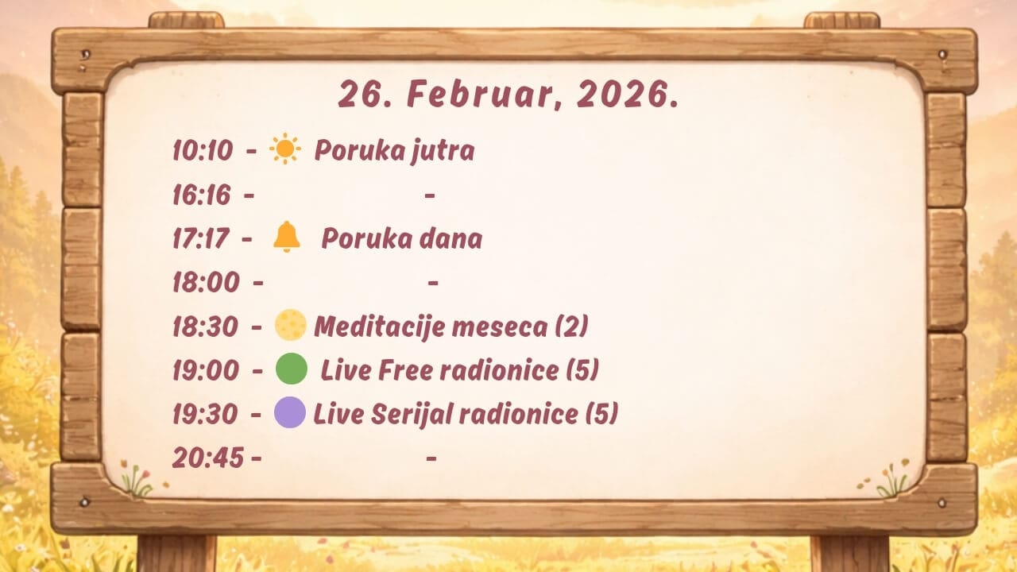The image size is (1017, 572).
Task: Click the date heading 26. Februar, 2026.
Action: pyautogui.click(x=508, y=95)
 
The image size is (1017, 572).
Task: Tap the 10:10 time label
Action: pyautogui.click(x=203, y=150)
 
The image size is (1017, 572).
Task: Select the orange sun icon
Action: pyautogui.click(x=284, y=149)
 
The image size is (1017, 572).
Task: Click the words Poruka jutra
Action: pyautogui.click(x=394, y=151)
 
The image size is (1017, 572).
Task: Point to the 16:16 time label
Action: pyautogui.click(x=202, y=195)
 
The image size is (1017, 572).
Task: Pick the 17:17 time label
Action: pyautogui.click(x=201, y=239)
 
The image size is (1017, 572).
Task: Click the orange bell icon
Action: pyautogui.click(x=287, y=237)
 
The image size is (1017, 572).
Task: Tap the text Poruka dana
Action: pyautogui.click(x=402, y=239)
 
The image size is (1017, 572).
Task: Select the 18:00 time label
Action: pyautogui.click(x=206, y=282)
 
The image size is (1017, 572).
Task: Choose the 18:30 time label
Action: pyautogui.click(x=205, y=327)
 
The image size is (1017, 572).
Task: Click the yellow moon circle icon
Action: pyautogui.click(x=291, y=325)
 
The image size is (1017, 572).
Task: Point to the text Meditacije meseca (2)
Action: pyautogui.click(x=450, y=327)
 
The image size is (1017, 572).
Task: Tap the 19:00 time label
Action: pyautogui.click(x=206, y=370)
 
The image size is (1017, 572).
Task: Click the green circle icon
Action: pyautogui.click(x=292, y=369)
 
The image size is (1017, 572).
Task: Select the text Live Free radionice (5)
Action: pyautogui.click(x=459, y=370)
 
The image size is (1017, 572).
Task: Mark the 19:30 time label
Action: pyautogui.click(x=205, y=414)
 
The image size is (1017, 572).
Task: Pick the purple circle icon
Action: pyautogui.click(x=290, y=412)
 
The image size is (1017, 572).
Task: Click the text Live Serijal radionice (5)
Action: pyautogui.click(x=466, y=414)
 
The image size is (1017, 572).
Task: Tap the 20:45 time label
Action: pyautogui.click(x=208, y=458)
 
